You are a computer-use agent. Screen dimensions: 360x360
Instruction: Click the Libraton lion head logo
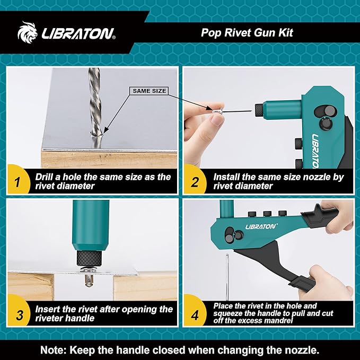[30, 33]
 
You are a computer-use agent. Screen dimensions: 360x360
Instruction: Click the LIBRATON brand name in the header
[78, 34]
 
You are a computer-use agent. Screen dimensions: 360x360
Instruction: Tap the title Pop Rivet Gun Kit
[247, 32]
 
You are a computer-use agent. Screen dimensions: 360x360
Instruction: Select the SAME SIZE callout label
[149, 91]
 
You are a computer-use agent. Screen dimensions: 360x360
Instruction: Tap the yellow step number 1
[17, 182]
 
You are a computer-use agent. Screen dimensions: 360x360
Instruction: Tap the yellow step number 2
[195, 182]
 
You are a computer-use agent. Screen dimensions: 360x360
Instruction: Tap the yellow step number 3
[17, 315]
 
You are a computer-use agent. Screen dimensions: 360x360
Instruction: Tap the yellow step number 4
[195, 315]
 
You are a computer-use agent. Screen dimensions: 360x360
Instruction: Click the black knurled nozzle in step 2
[258, 110]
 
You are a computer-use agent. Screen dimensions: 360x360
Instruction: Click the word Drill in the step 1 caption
[47, 177]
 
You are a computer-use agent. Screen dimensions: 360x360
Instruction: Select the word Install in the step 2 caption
[227, 177]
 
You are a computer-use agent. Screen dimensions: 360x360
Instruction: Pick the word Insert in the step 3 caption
[49, 309]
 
